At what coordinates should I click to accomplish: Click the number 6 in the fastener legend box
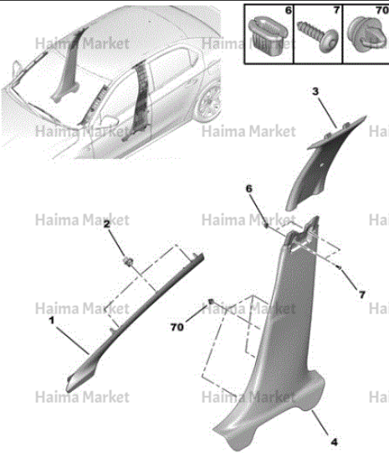click(289, 10)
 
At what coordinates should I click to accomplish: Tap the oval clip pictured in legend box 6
click(268, 36)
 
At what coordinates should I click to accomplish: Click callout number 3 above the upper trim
click(315, 92)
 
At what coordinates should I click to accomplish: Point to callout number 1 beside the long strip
click(52, 320)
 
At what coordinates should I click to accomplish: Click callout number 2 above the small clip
click(107, 224)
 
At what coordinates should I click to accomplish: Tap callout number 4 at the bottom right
click(334, 442)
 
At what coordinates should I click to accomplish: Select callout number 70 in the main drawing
click(177, 328)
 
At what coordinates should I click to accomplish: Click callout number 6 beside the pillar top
click(249, 189)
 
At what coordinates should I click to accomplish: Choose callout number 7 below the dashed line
click(362, 295)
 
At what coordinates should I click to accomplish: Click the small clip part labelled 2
click(128, 261)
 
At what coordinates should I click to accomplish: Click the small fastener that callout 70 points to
click(211, 302)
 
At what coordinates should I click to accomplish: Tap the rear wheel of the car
click(209, 104)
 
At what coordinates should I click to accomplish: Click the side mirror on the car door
click(109, 120)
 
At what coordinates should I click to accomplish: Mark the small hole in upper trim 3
click(321, 165)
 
